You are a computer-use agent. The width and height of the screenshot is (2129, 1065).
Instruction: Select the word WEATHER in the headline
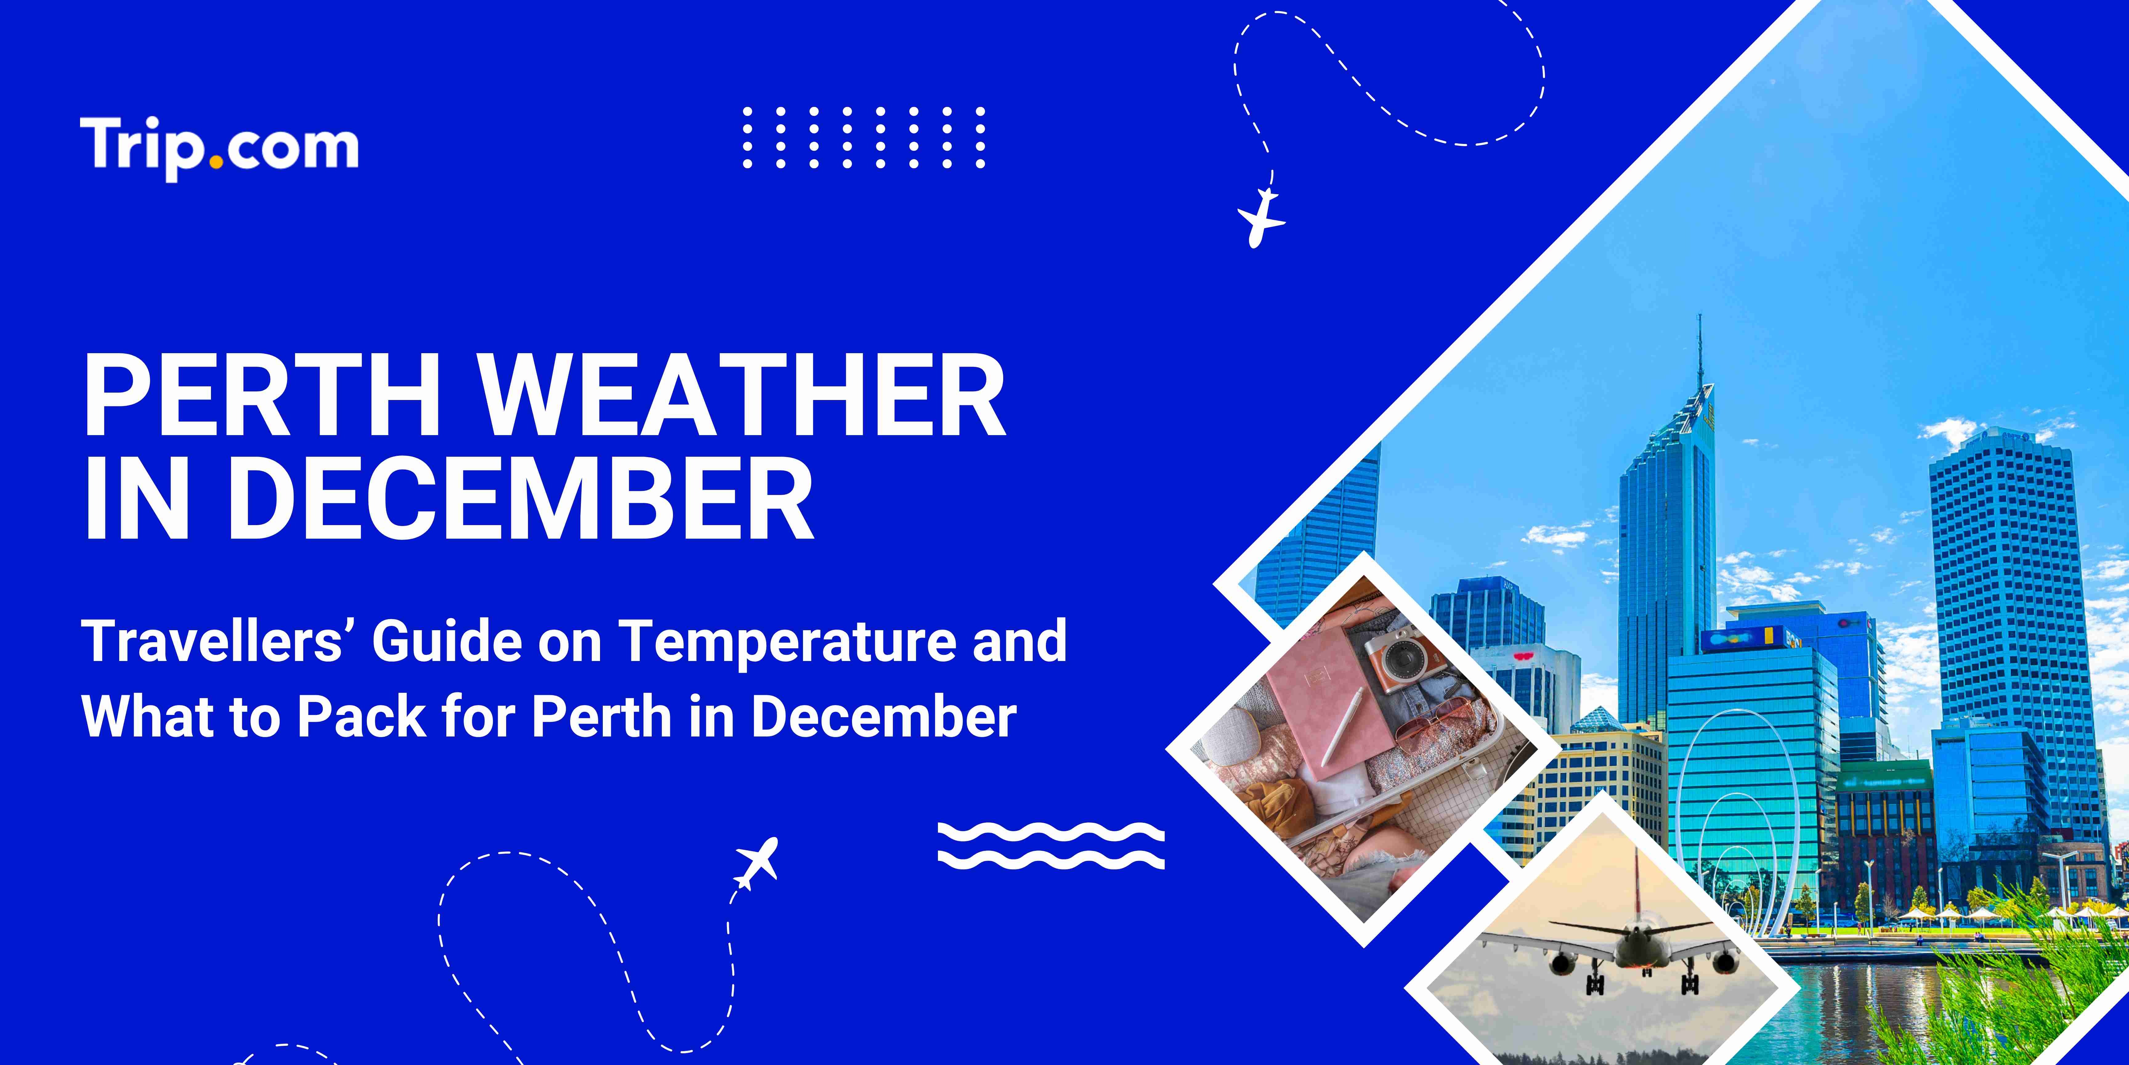[x=742, y=395]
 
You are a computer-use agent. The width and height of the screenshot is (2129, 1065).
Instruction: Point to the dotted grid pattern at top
[x=864, y=137]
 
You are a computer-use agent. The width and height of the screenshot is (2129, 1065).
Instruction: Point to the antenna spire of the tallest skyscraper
[x=1700, y=347]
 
